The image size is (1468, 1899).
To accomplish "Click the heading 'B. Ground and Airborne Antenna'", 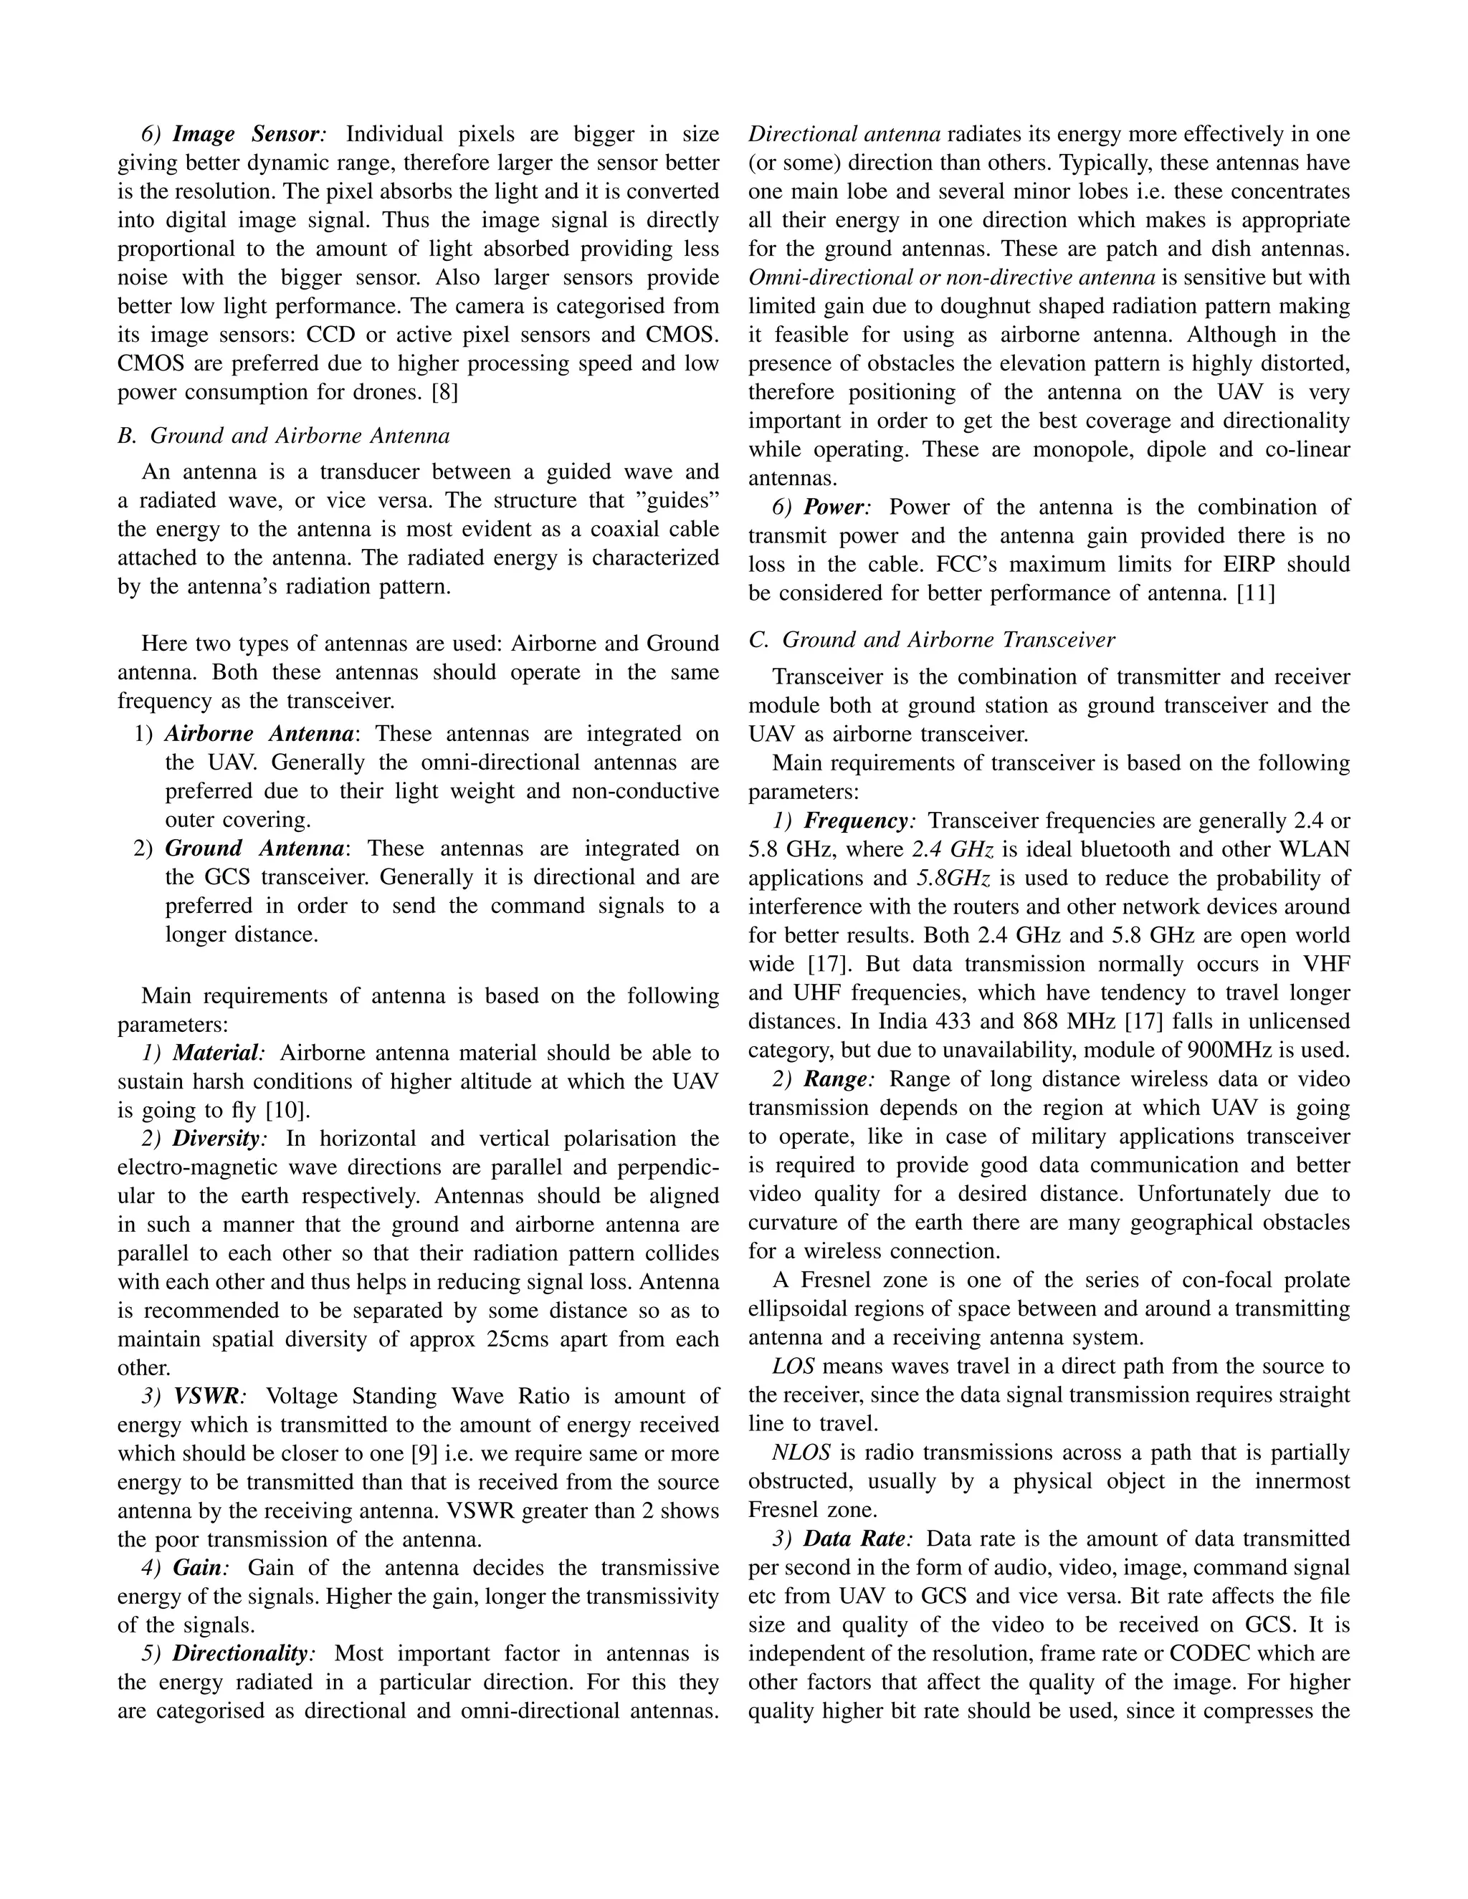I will (x=284, y=436).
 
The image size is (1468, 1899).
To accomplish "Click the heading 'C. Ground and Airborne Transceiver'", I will (x=931, y=640).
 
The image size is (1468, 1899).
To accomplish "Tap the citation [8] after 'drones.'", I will (x=444, y=392).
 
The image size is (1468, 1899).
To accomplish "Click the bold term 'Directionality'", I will (x=240, y=1654).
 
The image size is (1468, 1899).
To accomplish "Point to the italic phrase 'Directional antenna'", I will (x=844, y=134).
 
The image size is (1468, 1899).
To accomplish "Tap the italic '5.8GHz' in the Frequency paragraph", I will (x=954, y=879).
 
